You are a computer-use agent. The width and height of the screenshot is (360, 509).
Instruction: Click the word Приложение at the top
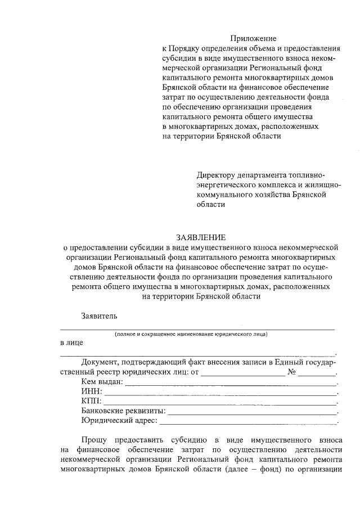[x=256, y=38]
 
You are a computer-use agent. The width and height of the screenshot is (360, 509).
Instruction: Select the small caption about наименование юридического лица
[x=191, y=334]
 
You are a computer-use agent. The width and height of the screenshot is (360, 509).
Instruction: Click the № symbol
[x=291, y=372]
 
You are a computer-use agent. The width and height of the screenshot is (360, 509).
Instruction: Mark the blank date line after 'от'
[x=243, y=373]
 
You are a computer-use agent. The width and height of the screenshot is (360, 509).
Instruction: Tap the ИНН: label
[x=92, y=391]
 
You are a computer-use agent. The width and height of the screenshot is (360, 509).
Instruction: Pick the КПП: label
[x=92, y=401]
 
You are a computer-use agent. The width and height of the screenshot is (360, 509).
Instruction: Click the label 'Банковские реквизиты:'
[x=123, y=411]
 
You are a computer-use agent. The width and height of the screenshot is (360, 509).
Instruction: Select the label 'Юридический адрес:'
[x=119, y=420]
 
